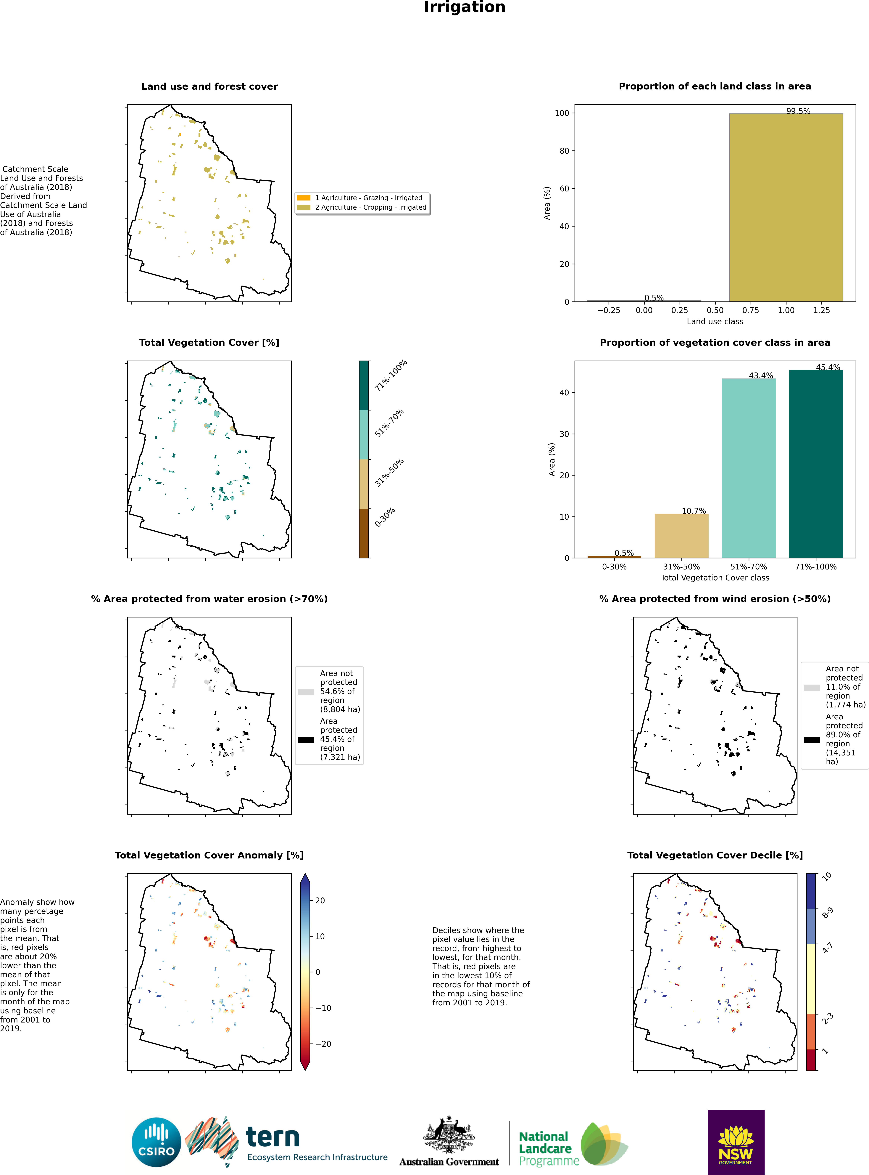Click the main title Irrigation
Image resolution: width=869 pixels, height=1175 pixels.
click(x=465, y=7)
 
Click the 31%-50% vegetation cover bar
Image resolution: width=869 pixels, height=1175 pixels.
click(x=681, y=536)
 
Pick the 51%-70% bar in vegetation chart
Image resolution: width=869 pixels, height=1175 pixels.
click(x=749, y=468)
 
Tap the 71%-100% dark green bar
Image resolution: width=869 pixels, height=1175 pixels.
click(x=816, y=464)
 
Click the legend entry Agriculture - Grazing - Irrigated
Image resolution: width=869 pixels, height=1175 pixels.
click(x=368, y=198)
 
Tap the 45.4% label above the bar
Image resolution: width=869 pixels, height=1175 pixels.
click(x=828, y=367)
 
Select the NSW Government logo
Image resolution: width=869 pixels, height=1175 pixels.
click(x=736, y=1142)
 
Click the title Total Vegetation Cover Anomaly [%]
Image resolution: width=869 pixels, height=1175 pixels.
click(x=209, y=855)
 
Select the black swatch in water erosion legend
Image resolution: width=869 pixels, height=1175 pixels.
click(x=306, y=739)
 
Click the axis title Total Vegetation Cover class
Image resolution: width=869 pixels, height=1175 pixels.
click(x=715, y=578)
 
